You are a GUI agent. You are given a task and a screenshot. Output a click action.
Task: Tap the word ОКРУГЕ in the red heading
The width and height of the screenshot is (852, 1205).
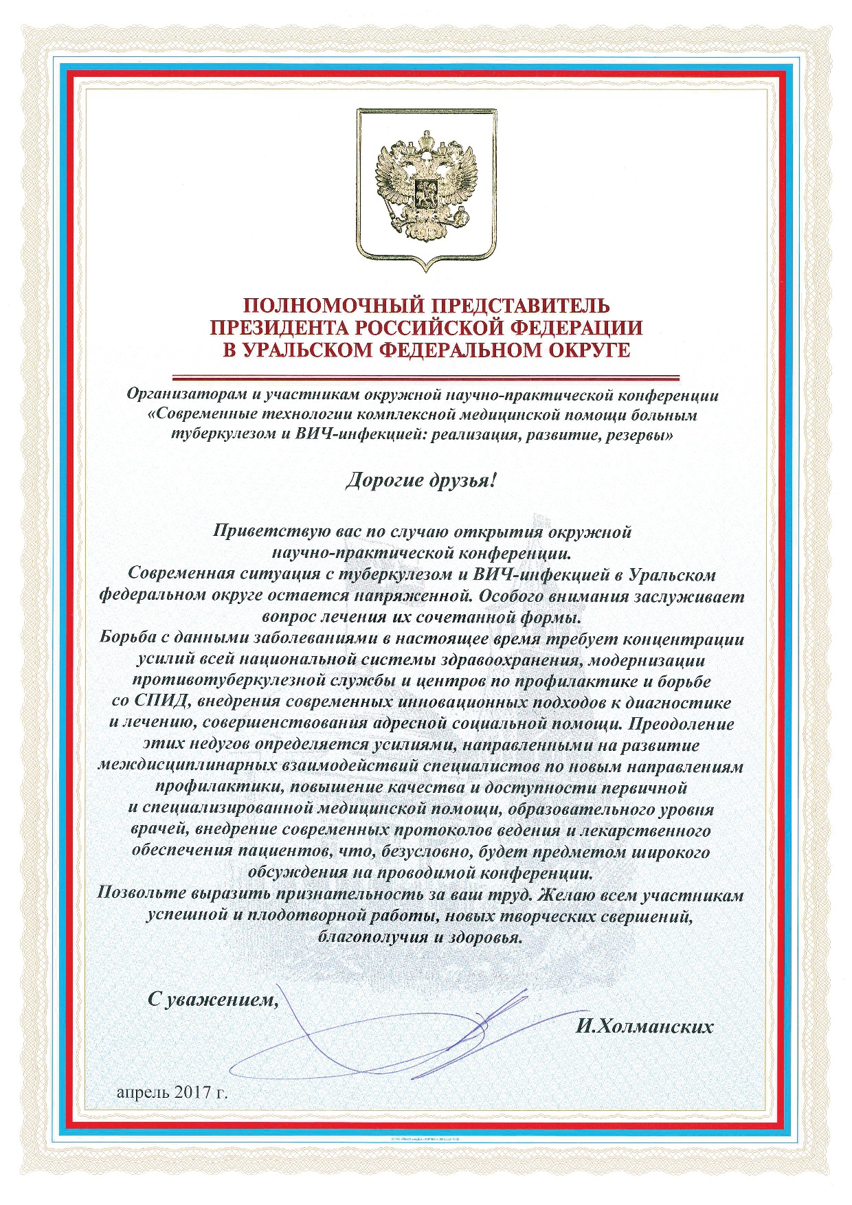click(586, 350)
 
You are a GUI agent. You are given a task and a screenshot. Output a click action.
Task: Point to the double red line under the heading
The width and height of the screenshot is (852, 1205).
click(425, 377)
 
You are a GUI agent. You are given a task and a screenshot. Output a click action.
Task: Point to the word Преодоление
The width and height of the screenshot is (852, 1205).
click(682, 724)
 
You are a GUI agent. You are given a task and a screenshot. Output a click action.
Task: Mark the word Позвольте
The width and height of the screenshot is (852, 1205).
click(142, 894)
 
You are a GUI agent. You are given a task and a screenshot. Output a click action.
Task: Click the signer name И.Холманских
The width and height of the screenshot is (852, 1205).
click(644, 1027)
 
